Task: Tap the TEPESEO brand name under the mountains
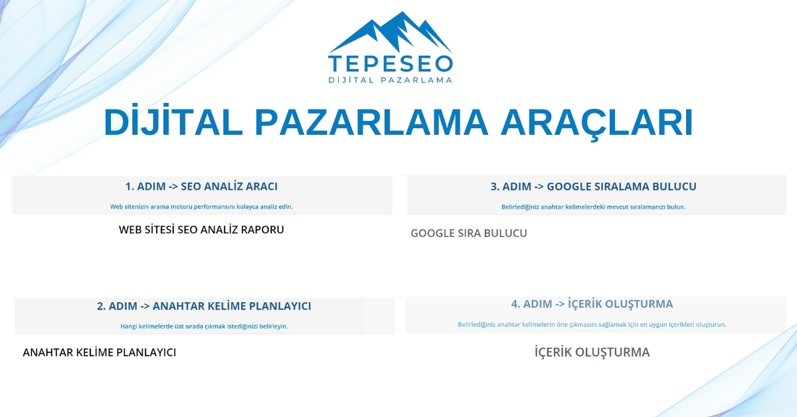coord(391,63)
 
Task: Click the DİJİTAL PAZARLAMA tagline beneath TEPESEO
coord(391,80)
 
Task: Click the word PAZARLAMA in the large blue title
coord(372,122)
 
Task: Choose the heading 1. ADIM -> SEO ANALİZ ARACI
coord(201,186)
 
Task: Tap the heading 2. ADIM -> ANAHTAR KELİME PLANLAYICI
coord(204,306)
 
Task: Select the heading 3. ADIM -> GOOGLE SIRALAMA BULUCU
coord(593,187)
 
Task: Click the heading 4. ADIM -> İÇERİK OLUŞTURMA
coord(592,304)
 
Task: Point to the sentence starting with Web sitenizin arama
coord(201,207)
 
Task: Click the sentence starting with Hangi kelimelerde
coord(204,326)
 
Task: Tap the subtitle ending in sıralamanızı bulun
coord(593,207)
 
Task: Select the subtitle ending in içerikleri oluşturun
coord(592,325)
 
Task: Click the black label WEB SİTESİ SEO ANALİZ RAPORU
coord(201,230)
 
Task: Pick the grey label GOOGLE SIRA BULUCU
coord(469,234)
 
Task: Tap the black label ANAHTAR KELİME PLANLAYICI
coord(100,353)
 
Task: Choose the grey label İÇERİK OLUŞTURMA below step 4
coord(592,353)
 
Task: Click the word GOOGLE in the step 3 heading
coord(573,187)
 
